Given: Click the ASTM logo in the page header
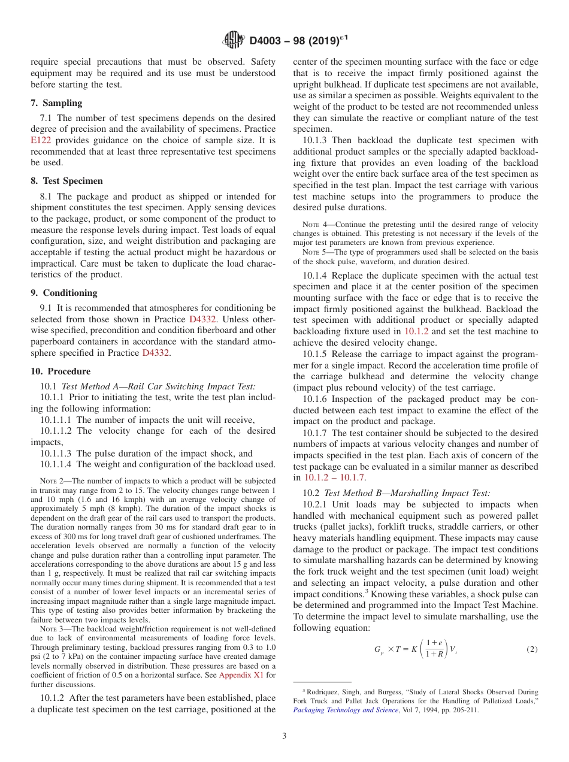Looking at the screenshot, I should tap(233, 41).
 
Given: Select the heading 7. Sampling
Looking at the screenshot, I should tap(57, 103).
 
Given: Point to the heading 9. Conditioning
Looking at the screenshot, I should tap(64, 292).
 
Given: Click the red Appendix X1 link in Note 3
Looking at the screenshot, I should tap(238, 675).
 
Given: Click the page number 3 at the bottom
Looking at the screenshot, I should tap(284, 736).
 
